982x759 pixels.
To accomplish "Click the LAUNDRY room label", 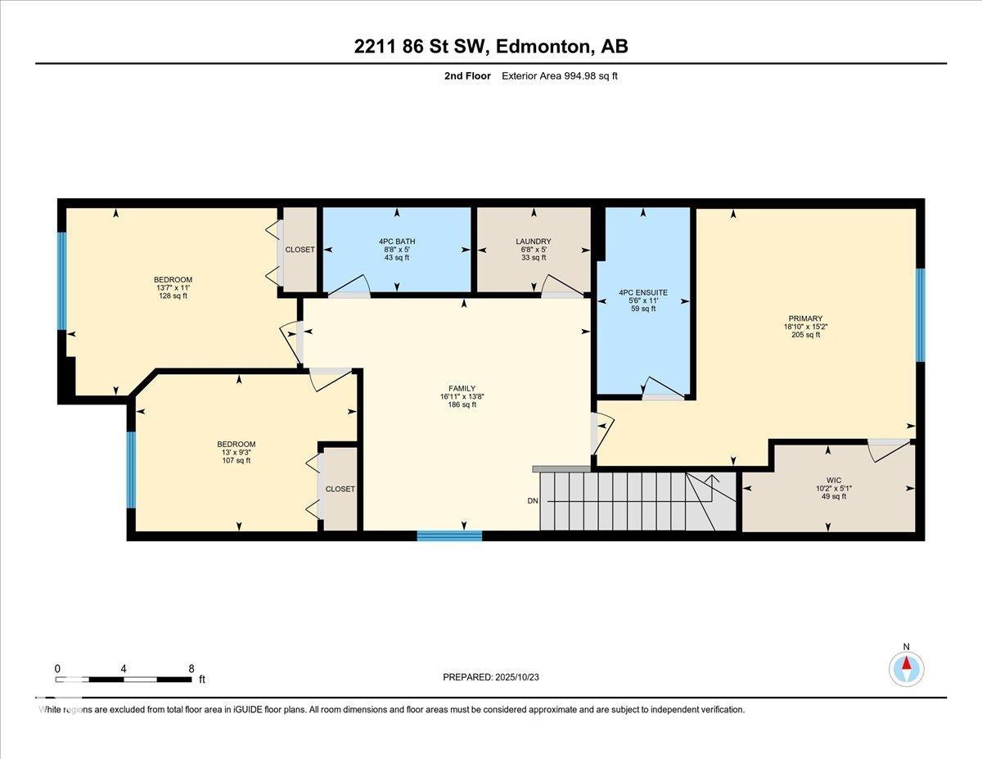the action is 534,242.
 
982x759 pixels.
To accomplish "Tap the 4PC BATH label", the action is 397,242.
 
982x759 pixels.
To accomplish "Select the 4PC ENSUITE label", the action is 643,292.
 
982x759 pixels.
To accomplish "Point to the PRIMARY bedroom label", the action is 805,319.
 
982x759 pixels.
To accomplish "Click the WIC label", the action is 834,480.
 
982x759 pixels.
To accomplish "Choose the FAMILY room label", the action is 462,388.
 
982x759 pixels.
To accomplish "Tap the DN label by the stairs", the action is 533,501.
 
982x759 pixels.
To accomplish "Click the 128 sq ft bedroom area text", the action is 173,296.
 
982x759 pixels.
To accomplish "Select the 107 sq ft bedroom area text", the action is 236,461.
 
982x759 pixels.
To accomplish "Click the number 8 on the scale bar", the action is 191,669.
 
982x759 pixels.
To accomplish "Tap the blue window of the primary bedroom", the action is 920,315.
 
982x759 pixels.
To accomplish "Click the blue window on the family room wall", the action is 449,535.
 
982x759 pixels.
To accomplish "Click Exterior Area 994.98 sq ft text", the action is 560,76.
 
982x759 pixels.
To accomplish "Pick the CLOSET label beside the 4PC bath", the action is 300,250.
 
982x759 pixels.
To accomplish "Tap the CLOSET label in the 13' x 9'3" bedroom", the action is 340,489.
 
